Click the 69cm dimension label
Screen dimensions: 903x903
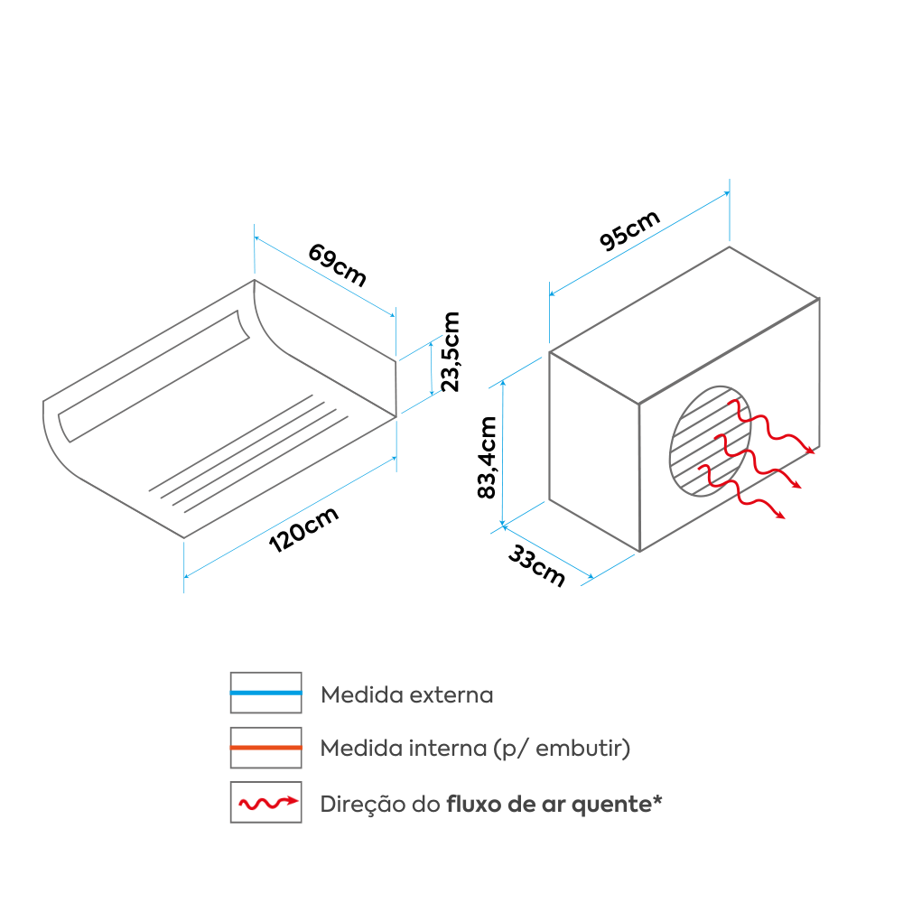point(337,265)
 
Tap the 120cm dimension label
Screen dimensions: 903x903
point(303,530)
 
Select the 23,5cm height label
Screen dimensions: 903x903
point(451,351)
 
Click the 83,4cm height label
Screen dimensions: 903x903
point(488,457)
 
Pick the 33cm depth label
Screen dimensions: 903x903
point(536,566)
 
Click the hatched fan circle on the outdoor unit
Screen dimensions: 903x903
point(711,442)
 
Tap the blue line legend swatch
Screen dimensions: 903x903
point(266,693)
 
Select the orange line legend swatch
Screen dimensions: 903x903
point(266,748)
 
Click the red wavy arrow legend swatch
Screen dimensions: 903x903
point(266,802)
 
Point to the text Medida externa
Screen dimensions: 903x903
point(406,694)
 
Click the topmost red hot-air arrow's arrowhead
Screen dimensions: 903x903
point(810,450)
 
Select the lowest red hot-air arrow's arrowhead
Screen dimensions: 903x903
point(780,515)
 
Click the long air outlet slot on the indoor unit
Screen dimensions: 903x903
point(154,376)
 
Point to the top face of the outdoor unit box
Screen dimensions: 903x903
point(684,325)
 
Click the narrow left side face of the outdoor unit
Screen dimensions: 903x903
point(594,451)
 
